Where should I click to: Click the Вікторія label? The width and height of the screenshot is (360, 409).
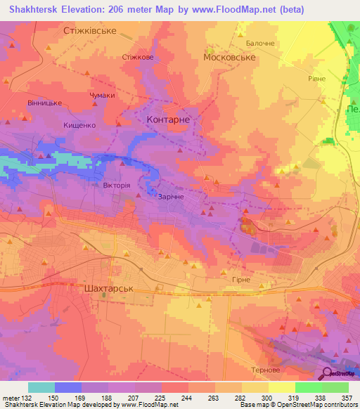click(116, 185)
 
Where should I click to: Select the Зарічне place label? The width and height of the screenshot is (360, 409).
click(172, 197)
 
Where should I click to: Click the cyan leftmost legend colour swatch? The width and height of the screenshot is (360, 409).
click(41, 387)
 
